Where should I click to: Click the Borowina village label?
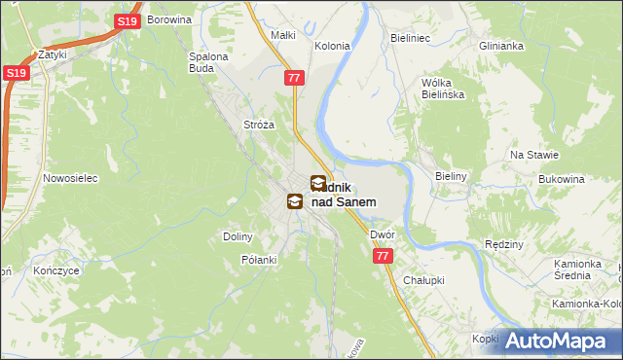point(169,18)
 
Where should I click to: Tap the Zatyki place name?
point(52,54)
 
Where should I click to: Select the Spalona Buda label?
point(207,62)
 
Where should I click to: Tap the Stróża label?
point(259,125)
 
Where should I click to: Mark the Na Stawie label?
point(534,155)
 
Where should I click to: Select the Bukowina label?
point(561,180)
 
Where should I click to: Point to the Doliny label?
point(238,236)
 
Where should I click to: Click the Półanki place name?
point(259,260)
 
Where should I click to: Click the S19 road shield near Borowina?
point(126,21)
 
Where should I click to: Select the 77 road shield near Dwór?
point(382,255)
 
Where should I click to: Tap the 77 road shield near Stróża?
point(295,76)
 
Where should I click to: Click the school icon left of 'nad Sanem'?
point(294,201)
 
